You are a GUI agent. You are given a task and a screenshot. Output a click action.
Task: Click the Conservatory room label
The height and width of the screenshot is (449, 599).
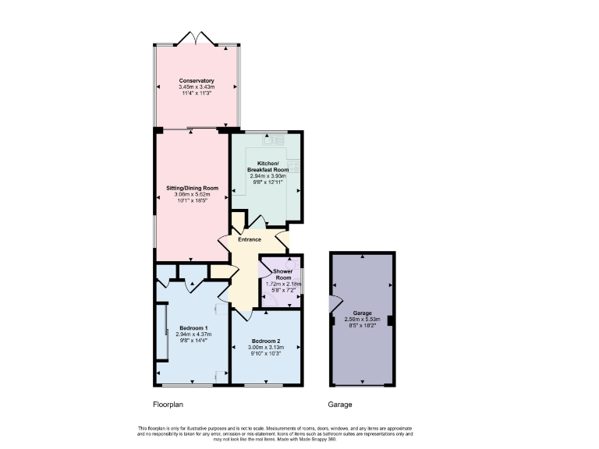point(197,81)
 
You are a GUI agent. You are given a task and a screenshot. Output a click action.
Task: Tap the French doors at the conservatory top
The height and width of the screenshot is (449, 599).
point(197,37)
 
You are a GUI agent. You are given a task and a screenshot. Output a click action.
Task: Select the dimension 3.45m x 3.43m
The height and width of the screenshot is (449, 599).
point(197,87)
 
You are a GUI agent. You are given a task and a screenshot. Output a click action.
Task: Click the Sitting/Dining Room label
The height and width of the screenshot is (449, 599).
point(192,188)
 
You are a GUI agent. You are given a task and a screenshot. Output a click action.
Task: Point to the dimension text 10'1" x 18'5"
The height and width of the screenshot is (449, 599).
point(192,200)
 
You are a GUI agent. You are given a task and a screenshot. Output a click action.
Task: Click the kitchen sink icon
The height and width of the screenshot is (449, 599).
point(274,140)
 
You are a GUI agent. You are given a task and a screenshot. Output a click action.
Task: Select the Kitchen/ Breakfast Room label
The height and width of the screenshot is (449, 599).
point(268,166)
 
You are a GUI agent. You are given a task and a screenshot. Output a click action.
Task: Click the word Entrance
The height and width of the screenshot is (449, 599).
point(250,239)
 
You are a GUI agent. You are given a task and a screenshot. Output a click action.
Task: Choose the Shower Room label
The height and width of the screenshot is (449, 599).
point(282,274)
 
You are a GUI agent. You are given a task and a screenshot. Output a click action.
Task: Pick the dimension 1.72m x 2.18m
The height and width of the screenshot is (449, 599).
point(282,284)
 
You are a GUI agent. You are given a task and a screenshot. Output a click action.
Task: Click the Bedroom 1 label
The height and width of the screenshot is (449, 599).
point(193,327)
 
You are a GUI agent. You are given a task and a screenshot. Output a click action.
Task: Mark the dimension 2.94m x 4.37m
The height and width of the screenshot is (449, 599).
point(193,334)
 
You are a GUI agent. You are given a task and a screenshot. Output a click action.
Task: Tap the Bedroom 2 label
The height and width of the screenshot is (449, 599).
point(266,341)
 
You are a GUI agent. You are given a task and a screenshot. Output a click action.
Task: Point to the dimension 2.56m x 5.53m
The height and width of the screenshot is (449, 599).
point(362,319)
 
